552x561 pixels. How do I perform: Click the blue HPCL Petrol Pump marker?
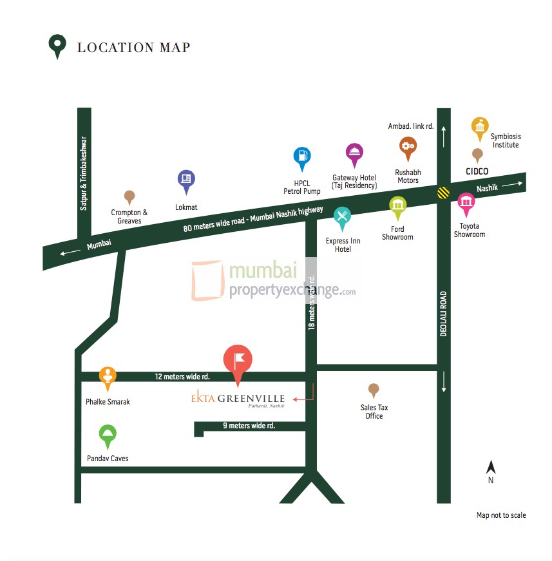(x=302, y=157)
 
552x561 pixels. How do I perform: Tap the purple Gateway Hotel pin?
(x=354, y=153)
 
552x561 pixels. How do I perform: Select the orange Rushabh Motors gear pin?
(x=407, y=147)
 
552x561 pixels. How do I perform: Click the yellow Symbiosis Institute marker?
(x=480, y=128)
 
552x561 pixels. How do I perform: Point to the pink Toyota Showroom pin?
(x=466, y=203)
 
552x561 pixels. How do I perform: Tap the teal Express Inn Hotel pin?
(x=343, y=217)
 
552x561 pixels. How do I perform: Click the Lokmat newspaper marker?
(x=186, y=180)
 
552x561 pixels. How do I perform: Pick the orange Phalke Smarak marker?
(x=107, y=376)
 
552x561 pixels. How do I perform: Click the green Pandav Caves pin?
(x=108, y=435)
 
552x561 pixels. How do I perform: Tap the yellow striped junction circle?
(x=443, y=192)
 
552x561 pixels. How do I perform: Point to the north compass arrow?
(x=491, y=468)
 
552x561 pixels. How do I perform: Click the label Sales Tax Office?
(x=374, y=412)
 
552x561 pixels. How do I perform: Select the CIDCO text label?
(x=477, y=171)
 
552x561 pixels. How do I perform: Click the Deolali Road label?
(x=443, y=314)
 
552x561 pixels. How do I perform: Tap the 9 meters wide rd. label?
(x=249, y=426)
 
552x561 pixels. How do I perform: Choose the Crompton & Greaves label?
(x=129, y=216)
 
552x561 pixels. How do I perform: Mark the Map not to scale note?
(x=501, y=515)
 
